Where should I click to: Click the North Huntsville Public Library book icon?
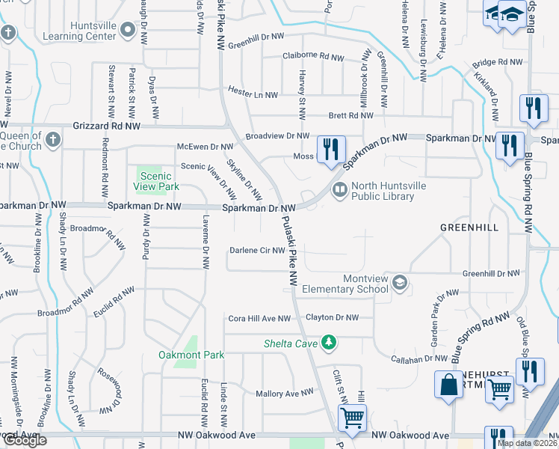click(340, 191)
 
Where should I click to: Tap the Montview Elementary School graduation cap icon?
click(400, 282)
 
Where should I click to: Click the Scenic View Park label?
click(156, 180)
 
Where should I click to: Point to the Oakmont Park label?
click(191, 354)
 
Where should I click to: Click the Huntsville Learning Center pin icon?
click(128, 30)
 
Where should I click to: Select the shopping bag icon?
click(449, 385)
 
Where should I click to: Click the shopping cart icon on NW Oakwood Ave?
click(352, 416)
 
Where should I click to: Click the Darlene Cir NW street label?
click(257, 251)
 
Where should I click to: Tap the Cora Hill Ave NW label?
click(259, 318)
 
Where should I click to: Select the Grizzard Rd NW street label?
click(107, 126)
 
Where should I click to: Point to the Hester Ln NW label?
click(253, 95)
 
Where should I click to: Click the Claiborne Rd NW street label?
click(316, 56)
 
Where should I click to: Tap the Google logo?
click(24, 440)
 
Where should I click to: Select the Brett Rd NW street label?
click(351, 115)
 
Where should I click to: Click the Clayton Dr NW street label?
click(332, 317)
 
